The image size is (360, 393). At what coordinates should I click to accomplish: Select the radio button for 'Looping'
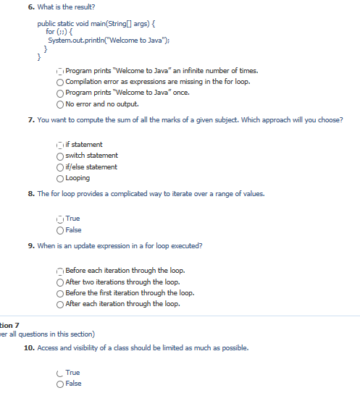(x=60, y=178)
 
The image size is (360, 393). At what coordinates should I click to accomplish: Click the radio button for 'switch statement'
(x=60, y=156)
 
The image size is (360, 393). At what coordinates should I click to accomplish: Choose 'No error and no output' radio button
(x=60, y=104)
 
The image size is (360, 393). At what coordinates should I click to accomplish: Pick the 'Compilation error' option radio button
(x=60, y=82)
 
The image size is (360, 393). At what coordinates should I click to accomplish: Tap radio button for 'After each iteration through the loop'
(x=60, y=304)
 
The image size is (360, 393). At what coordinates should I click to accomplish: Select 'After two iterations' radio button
(x=60, y=282)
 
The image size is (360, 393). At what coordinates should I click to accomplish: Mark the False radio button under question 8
(x=60, y=230)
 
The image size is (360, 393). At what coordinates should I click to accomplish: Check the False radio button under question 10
(x=60, y=384)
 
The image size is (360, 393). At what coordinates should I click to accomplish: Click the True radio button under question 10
(x=60, y=373)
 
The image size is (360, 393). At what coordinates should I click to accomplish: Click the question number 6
(x=42, y=7)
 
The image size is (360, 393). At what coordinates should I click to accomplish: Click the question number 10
(x=30, y=348)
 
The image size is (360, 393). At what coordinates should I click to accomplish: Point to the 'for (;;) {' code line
(x=62, y=32)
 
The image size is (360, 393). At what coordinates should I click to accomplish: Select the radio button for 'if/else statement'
(x=60, y=167)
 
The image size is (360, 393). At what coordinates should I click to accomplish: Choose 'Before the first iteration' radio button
(x=60, y=293)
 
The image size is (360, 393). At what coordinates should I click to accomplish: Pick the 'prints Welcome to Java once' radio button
(x=60, y=93)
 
